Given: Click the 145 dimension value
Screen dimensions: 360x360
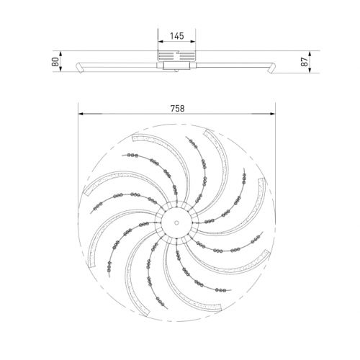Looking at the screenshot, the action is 177,36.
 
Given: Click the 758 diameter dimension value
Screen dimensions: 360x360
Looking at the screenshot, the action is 178,109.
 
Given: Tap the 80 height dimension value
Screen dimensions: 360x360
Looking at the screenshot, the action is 55,62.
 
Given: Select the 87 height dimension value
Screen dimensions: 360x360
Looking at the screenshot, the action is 305,62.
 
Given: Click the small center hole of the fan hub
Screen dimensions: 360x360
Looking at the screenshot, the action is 176,222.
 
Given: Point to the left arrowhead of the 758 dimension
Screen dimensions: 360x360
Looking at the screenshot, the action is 81,114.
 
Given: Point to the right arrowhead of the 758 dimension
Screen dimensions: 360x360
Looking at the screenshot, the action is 273,114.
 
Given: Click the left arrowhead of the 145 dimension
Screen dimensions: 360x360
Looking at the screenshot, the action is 161,42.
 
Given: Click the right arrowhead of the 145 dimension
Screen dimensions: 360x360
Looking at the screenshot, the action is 193,42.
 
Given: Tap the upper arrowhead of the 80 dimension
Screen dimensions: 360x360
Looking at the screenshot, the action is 60,53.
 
